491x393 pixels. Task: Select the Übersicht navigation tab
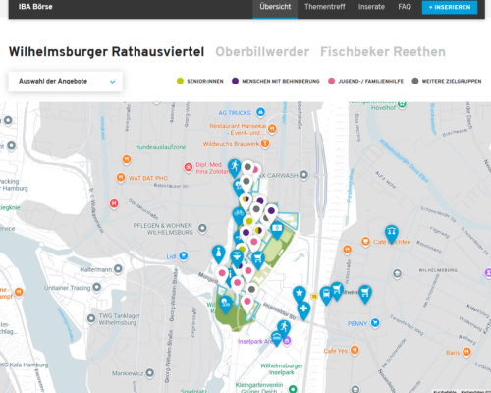(275, 7)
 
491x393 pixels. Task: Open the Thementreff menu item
(324, 7)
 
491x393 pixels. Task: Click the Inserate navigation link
(371, 7)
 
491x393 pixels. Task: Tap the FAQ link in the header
(405, 7)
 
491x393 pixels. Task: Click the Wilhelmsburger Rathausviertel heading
(106, 50)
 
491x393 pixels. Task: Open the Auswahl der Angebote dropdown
(65, 82)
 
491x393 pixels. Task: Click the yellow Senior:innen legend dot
(180, 82)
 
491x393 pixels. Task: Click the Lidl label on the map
(171, 256)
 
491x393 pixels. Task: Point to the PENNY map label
(356, 323)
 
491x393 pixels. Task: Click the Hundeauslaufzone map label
(160, 146)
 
